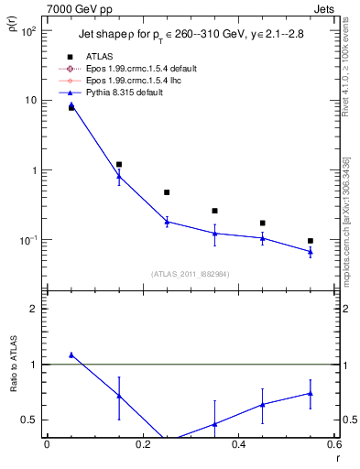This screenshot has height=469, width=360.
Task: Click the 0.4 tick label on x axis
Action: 238,445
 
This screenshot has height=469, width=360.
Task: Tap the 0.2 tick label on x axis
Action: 142,445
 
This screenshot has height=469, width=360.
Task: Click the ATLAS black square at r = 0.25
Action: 167,192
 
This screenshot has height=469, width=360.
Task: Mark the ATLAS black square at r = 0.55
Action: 311,241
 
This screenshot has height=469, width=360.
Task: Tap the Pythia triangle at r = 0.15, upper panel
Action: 119,176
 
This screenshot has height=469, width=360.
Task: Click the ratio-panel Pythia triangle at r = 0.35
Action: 214,424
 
